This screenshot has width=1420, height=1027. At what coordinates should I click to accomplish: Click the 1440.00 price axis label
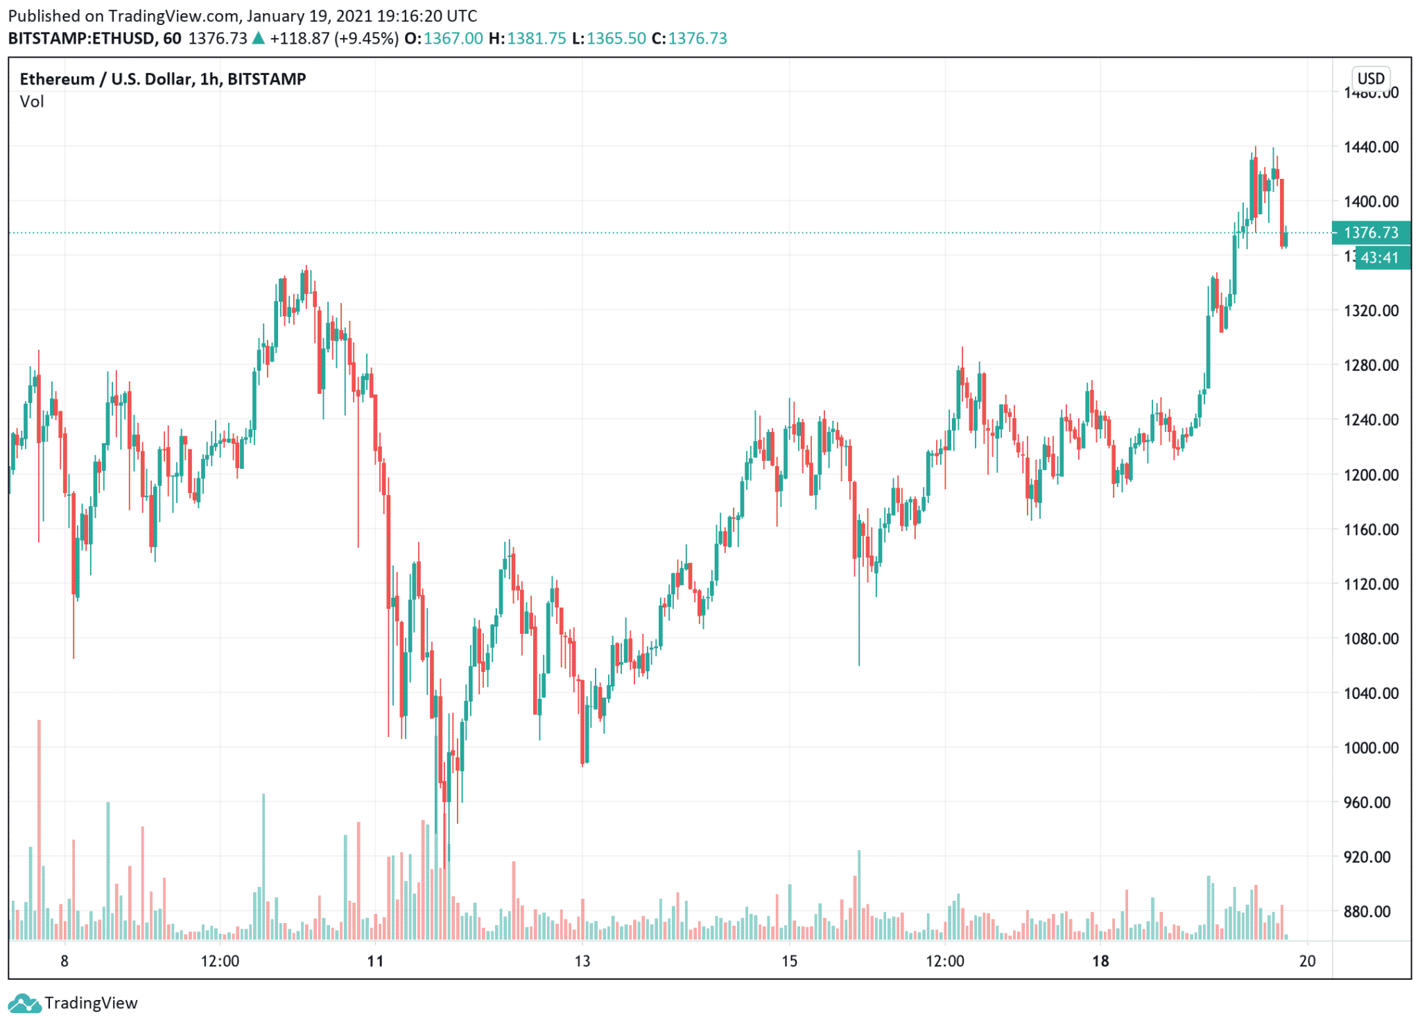pos(1370,147)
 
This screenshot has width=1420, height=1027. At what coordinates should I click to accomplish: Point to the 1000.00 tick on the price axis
pos(1370,748)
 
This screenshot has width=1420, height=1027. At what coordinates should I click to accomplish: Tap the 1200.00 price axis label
pos(1370,475)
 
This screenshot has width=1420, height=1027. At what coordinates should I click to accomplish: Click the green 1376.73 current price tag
pos(1371,233)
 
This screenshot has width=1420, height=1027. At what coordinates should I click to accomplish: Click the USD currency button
pos(1370,78)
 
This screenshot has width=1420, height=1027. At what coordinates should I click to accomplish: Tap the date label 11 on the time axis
pos(375,961)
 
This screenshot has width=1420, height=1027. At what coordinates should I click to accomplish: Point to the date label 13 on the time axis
pos(582,961)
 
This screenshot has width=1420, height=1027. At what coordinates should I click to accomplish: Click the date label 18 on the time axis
pos(1100,961)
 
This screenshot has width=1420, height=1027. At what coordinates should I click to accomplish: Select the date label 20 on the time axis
pos(1307,961)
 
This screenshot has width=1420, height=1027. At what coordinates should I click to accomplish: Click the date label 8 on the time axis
pos(64,961)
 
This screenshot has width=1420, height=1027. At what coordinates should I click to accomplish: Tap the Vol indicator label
pos(32,102)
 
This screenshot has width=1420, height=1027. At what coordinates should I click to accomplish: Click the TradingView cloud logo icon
pos(24,1003)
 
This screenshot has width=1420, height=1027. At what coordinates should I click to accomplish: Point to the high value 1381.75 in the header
pos(536,38)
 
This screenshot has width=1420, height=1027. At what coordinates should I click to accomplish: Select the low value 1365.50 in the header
pos(616,38)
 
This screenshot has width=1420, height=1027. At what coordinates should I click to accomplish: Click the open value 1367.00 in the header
pos(453,38)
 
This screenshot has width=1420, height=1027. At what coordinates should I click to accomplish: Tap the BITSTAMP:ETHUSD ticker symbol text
pos(81,38)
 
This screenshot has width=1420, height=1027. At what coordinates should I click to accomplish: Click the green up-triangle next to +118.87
pos(258,38)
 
